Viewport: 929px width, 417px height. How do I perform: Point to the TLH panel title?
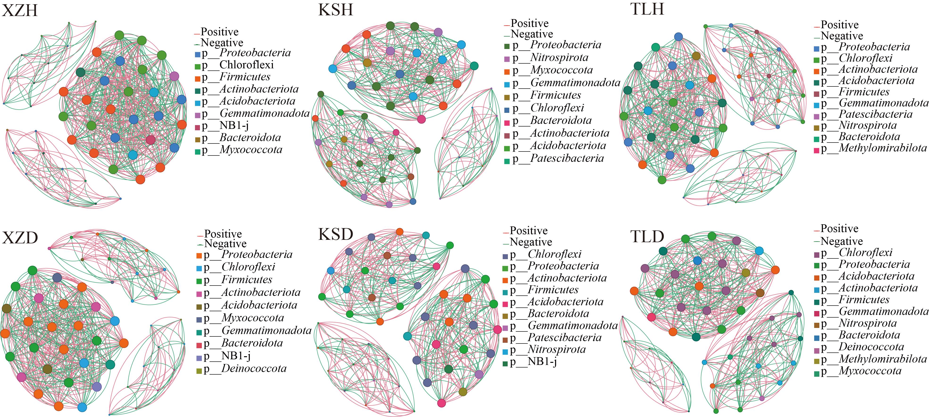coord(647,9)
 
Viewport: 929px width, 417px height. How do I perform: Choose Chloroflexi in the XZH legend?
coord(238,65)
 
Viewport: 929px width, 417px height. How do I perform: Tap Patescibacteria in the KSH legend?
coord(558,159)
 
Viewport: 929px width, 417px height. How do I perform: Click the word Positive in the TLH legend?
coord(840,25)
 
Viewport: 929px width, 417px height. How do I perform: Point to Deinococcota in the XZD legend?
coord(245,369)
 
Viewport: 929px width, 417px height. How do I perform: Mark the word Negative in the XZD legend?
coord(225,244)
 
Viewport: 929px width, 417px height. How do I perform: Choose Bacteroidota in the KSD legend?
coord(550,314)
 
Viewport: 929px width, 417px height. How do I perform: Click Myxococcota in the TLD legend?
coord(861,371)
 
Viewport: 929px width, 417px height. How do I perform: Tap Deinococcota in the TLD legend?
coord(863,347)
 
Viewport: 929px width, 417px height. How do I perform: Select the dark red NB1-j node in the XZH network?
coord(151,140)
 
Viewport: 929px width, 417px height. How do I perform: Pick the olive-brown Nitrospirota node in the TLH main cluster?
coord(696,56)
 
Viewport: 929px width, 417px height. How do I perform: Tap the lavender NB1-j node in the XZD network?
coord(97,387)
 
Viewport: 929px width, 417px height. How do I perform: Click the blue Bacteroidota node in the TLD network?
coord(697,260)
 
